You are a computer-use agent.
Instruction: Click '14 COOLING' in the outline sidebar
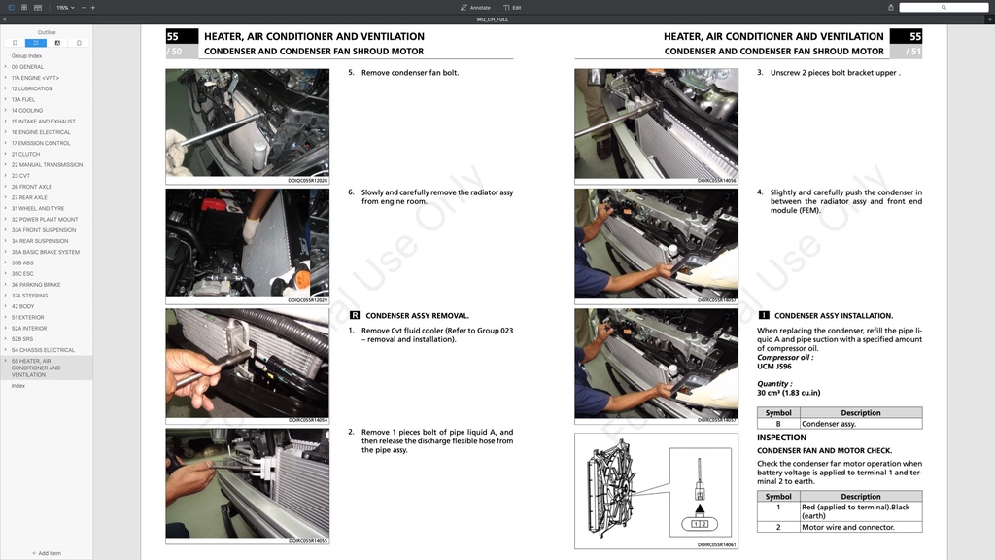tap(27, 110)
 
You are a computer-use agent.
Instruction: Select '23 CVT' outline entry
tap(21, 176)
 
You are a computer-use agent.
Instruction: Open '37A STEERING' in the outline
tap(29, 296)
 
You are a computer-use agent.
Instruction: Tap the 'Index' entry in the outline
tap(18, 386)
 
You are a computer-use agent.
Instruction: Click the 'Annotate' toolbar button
tap(475, 7)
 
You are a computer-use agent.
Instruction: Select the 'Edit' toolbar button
tap(512, 7)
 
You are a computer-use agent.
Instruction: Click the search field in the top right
tap(943, 7)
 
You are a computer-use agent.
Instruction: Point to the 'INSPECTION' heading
tap(781, 437)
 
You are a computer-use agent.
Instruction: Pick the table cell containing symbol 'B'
tap(778, 424)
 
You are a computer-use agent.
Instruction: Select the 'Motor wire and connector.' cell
tap(847, 527)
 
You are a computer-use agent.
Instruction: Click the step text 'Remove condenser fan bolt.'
tap(409, 73)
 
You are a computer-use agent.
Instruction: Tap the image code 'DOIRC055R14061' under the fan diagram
tap(716, 544)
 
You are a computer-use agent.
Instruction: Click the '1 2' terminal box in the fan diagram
tap(699, 524)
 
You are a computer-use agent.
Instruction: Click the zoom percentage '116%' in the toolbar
tap(62, 7)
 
